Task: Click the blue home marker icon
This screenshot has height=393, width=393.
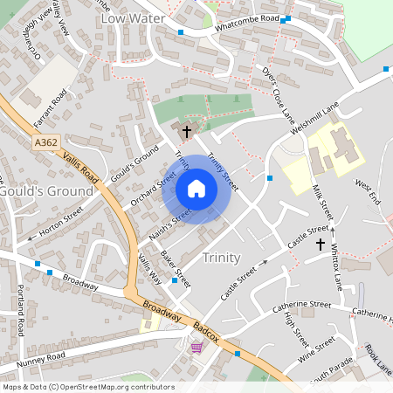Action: [196, 189]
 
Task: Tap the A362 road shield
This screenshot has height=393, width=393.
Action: [47, 141]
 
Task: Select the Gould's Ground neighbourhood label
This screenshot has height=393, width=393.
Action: [46, 190]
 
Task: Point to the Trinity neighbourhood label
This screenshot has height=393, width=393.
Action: [220, 258]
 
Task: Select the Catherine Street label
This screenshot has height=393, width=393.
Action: [301, 307]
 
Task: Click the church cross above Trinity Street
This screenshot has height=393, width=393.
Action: [187, 131]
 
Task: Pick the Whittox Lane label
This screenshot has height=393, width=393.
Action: [337, 262]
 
